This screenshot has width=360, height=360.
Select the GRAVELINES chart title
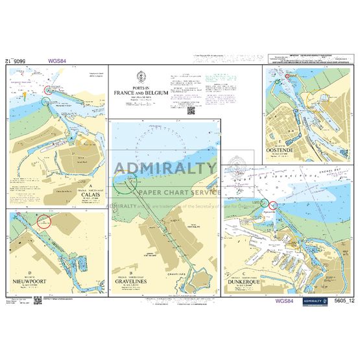[x=131, y=282]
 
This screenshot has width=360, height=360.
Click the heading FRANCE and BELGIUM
[x=141, y=93]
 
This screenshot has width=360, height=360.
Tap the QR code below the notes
[x=191, y=110]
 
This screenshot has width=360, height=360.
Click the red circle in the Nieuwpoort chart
[x=43, y=222]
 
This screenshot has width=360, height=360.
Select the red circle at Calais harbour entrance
[x=46, y=101]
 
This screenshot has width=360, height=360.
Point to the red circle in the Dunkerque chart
[x=272, y=206]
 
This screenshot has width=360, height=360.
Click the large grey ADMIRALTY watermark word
[x=165, y=169]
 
